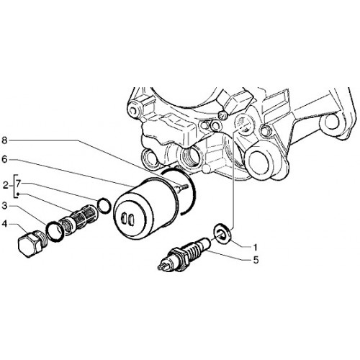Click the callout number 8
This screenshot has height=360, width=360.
click(4, 140)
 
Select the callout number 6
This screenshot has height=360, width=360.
click(4, 159)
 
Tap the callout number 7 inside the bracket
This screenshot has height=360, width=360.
click(19, 184)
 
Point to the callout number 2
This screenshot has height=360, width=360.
click(6, 186)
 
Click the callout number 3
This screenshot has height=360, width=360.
click(5, 206)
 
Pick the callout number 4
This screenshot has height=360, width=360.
click(5, 225)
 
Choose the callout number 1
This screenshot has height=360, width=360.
click(256, 247)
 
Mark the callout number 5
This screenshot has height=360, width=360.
click(256, 260)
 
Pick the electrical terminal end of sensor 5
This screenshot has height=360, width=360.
click(163, 266)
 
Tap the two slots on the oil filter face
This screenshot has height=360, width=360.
click(127, 218)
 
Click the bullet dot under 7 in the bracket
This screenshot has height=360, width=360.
click(18, 194)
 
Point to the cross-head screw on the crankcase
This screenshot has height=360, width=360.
click(222, 115)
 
